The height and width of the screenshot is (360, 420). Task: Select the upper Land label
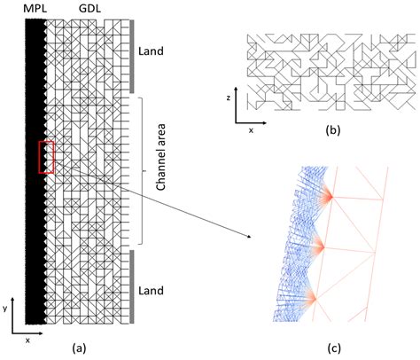[152, 51]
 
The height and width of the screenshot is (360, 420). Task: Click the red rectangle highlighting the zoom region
[47, 157]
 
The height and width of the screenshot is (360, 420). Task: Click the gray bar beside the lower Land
[132, 286]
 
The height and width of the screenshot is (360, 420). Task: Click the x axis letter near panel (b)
[251, 129]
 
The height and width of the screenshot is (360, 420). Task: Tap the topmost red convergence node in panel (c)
[327, 197]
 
